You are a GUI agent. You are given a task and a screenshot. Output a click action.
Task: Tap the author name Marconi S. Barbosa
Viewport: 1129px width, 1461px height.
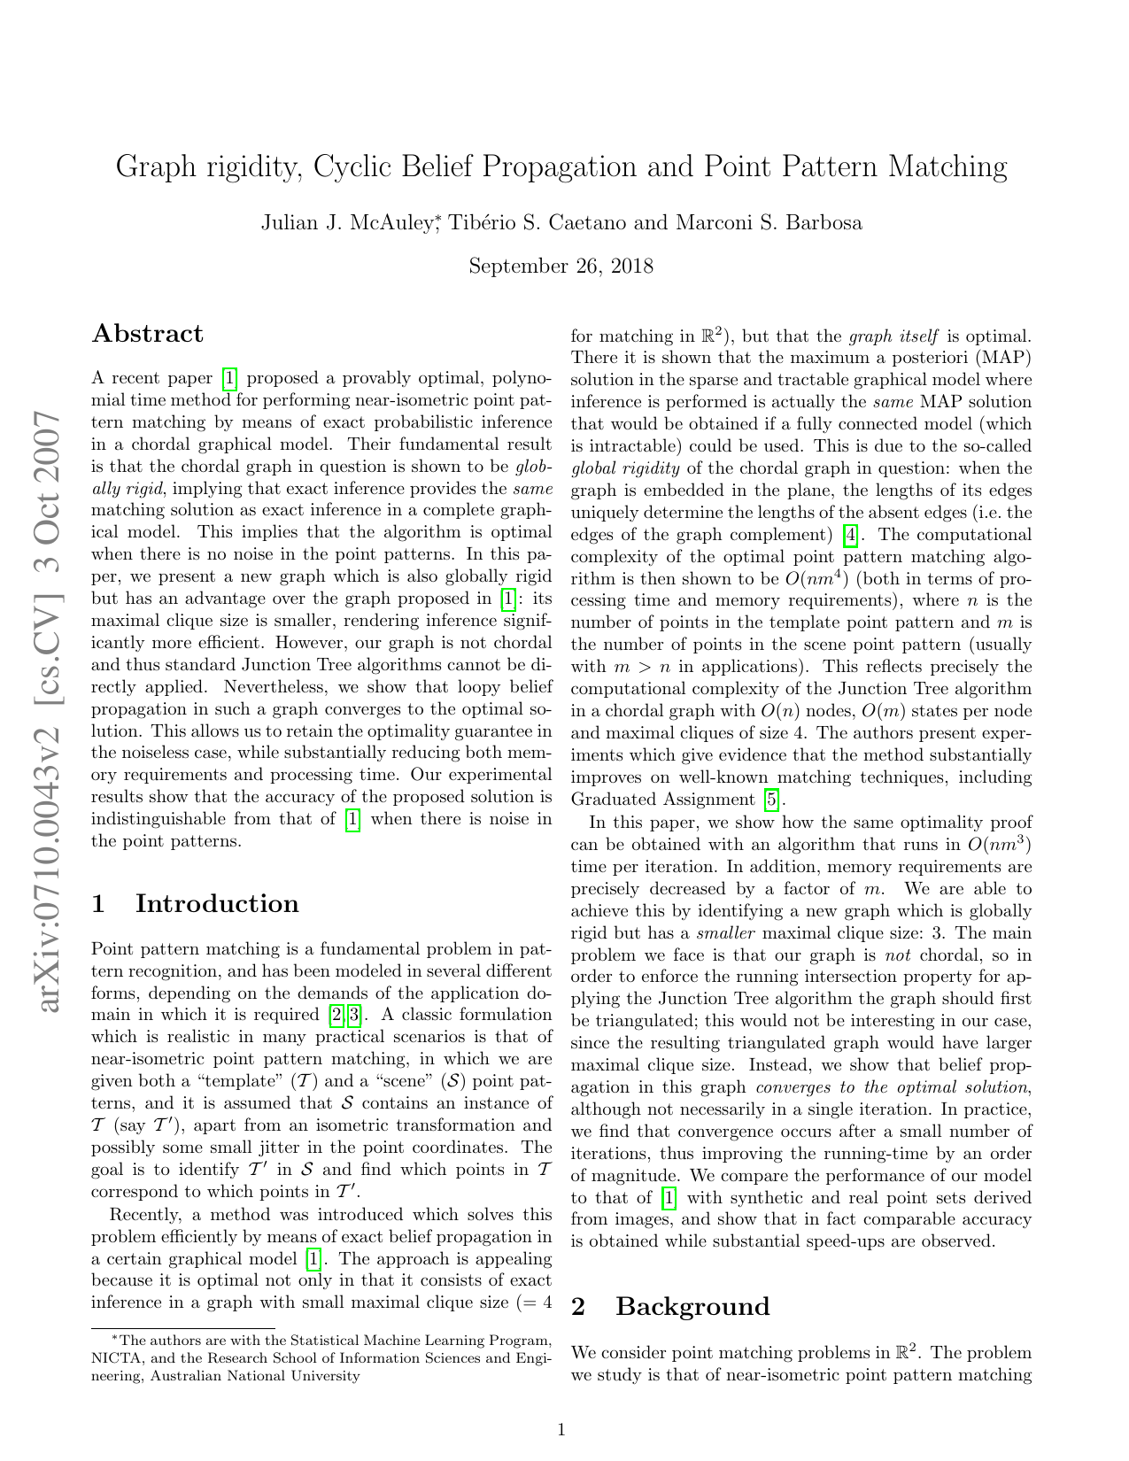769,223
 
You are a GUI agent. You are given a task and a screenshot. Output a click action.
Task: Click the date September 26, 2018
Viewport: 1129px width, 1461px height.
561,267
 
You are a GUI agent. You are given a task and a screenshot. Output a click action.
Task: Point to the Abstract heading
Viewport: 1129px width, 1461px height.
148,334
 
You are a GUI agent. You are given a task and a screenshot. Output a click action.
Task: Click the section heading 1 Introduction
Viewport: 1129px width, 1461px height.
196,904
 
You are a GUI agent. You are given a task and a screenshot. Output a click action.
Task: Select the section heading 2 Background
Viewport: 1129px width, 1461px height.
670,1307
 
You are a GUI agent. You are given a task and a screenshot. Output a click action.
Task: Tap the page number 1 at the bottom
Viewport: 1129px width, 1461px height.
561,1429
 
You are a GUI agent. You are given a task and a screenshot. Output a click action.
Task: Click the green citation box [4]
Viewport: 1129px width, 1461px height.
850,535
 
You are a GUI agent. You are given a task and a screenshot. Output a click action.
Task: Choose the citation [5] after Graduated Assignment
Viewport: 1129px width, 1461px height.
772,800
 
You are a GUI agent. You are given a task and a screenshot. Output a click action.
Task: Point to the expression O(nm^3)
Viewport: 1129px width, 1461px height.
1000,844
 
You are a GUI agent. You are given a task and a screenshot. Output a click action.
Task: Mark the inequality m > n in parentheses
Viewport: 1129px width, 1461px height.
642,667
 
